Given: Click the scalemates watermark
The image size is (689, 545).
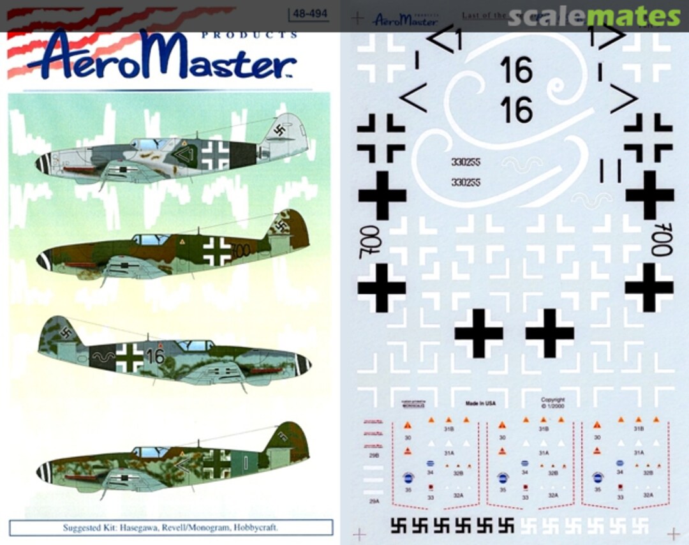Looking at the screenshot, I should (593, 17).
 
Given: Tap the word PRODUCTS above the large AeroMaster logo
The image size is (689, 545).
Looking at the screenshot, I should (249, 35).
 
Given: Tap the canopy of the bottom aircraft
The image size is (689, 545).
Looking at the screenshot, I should (150, 452).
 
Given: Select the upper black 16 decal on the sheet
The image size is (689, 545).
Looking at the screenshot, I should (516, 70).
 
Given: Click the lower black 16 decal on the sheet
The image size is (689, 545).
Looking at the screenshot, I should (516, 110).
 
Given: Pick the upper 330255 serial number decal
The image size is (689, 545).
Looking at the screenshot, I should (465, 161).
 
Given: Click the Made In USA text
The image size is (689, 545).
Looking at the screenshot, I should (480, 404).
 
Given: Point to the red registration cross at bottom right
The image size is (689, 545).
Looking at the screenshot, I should (673, 534).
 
